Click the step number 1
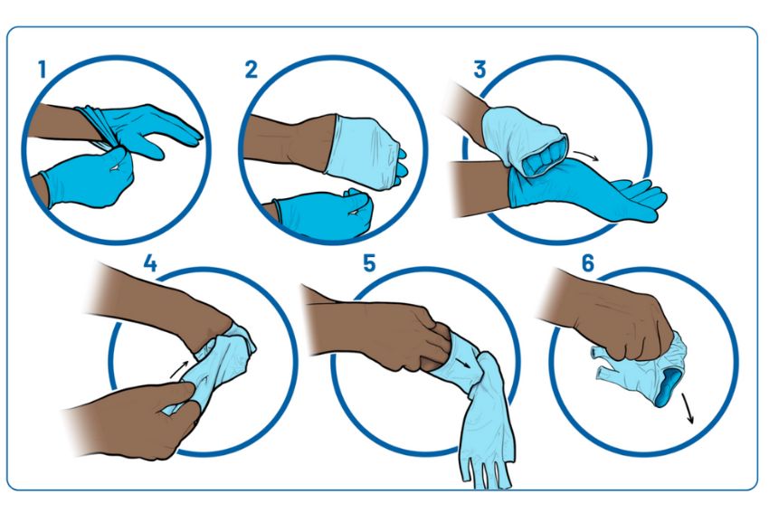[43, 69]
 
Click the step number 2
[252, 69]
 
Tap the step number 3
[479, 69]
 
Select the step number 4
[150, 263]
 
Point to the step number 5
[369, 263]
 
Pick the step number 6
[587, 263]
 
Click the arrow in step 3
[586, 156]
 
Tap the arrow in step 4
[179, 369]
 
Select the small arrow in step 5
[461, 364]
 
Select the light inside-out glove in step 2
[366, 152]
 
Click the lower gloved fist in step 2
[324, 214]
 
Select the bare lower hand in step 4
[132, 419]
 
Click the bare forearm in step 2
[290, 142]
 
